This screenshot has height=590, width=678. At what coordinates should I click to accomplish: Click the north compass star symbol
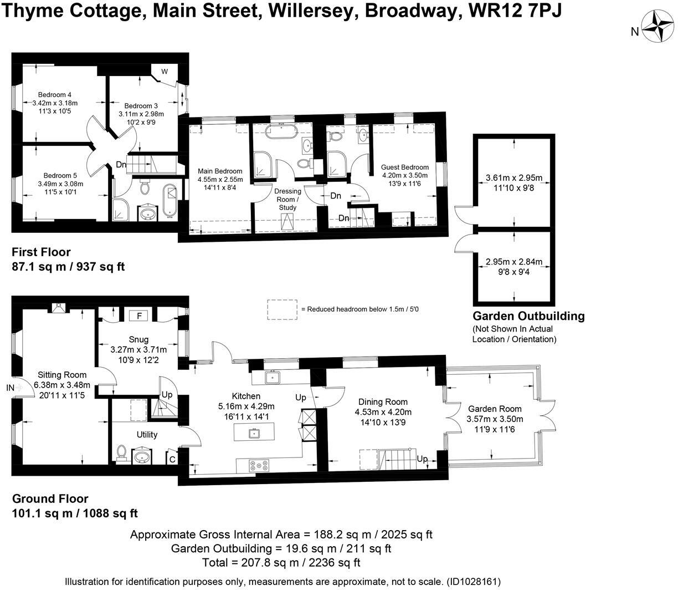point(658,26)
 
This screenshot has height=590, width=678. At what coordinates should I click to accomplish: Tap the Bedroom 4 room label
point(55,94)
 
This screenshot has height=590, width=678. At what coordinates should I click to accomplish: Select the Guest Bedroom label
point(404,167)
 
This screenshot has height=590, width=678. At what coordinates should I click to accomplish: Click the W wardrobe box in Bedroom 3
point(165,72)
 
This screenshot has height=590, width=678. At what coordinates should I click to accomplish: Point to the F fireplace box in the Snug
point(140,316)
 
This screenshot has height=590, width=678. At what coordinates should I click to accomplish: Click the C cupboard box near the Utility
point(172,459)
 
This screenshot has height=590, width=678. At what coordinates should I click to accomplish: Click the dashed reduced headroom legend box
point(282,309)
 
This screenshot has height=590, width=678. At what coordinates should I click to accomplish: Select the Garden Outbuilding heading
point(528,316)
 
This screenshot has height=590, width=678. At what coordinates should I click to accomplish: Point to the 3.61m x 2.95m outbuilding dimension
point(513,178)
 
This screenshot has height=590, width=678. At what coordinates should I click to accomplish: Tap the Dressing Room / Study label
point(287,199)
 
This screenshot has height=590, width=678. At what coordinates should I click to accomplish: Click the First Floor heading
point(41,252)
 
